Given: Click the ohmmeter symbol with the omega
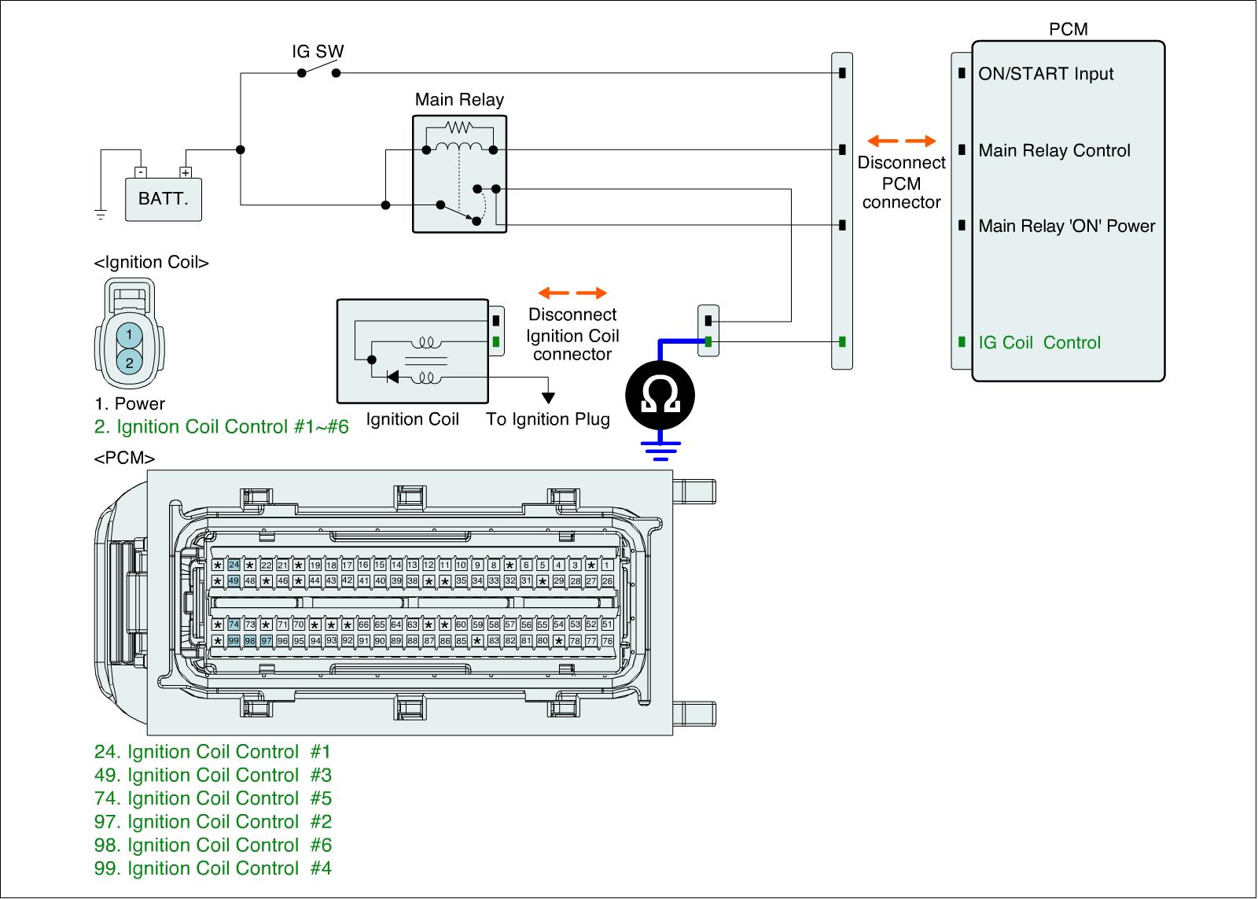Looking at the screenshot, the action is [x=660, y=396].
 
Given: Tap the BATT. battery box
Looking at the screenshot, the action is [x=164, y=200].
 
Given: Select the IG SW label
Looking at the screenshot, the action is [x=318, y=51].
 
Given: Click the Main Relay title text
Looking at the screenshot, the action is [x=459, y=99].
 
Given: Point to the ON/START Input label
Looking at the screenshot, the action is [x=1046, y=74].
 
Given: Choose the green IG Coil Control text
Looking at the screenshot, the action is [x=1039, y=342].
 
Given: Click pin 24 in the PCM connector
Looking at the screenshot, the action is [x=234, y=565].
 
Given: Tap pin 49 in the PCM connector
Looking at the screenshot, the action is [x=234, y=581].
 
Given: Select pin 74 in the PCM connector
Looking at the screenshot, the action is [x=234, y=625].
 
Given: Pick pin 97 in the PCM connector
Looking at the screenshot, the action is [x=267, y=640].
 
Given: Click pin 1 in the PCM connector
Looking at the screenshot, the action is [x=607, y=565].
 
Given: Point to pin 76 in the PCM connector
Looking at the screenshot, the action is [x=607, y=640].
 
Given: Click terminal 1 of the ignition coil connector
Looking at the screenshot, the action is [x=129, y=335].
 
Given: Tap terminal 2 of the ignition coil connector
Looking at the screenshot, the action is [x=129, y=363].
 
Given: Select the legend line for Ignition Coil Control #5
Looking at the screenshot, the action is [x=213, y=798].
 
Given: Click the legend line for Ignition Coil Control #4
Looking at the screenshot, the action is [x=213, y=868].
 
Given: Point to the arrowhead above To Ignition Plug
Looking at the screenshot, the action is [x=548, y=398].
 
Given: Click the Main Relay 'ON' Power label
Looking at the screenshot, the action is [x=1066, y=226].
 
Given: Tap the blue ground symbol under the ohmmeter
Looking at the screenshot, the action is [x=660, y=451].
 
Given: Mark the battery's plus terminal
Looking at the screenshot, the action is [x=186, y=172].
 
